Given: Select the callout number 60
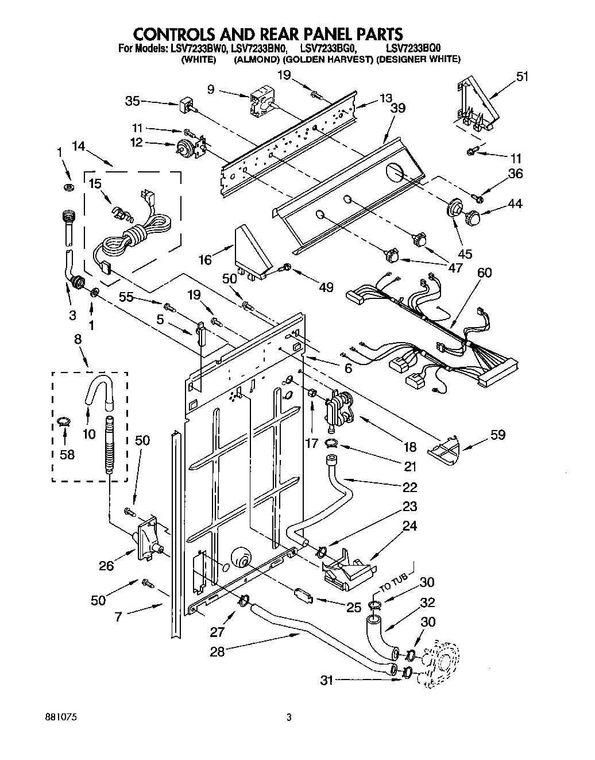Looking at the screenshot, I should [x=485, y=272].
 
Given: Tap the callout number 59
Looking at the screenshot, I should [x=498, y=435].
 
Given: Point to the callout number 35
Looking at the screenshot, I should [x=133, y=101].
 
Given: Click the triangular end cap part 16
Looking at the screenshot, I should [x=252, y=251].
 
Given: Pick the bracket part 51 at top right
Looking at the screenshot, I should [x=475, y=106].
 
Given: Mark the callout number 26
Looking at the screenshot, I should [x=106, y=566].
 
